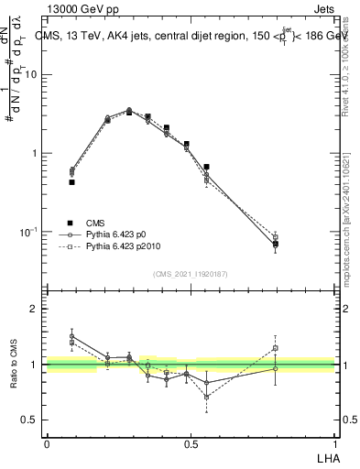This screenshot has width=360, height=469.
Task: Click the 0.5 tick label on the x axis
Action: (x=191, y=443)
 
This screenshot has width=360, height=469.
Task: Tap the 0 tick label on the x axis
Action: (x=47, y=443)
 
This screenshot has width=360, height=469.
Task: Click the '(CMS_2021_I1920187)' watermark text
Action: (x=190, y=273)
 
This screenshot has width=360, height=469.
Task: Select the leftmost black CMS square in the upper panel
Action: (x=71, y=182)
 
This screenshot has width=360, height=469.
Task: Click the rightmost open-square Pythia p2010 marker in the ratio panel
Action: (x=275, y=348)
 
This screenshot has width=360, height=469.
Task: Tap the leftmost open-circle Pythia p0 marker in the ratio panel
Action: (x=71, y=336)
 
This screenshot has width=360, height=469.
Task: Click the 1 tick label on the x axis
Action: (x=334, y=443)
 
